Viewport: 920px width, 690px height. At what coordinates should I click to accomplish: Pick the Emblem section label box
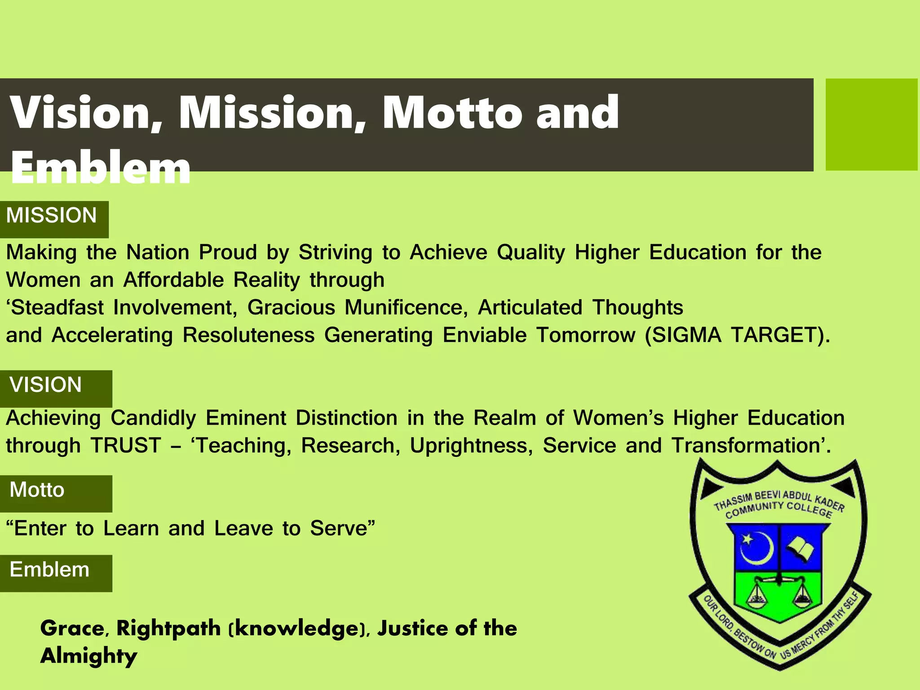click(56, 573)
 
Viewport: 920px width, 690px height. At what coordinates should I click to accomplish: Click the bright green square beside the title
click(871, 124)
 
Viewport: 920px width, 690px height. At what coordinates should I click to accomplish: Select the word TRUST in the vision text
click(126, 446)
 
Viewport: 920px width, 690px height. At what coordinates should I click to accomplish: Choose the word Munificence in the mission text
click(406, 308)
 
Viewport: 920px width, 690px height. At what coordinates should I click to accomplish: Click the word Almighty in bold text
click(88, 656)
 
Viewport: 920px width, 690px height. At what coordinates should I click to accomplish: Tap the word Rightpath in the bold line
click(168, 628)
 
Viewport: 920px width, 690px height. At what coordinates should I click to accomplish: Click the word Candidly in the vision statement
click(153, 418)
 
